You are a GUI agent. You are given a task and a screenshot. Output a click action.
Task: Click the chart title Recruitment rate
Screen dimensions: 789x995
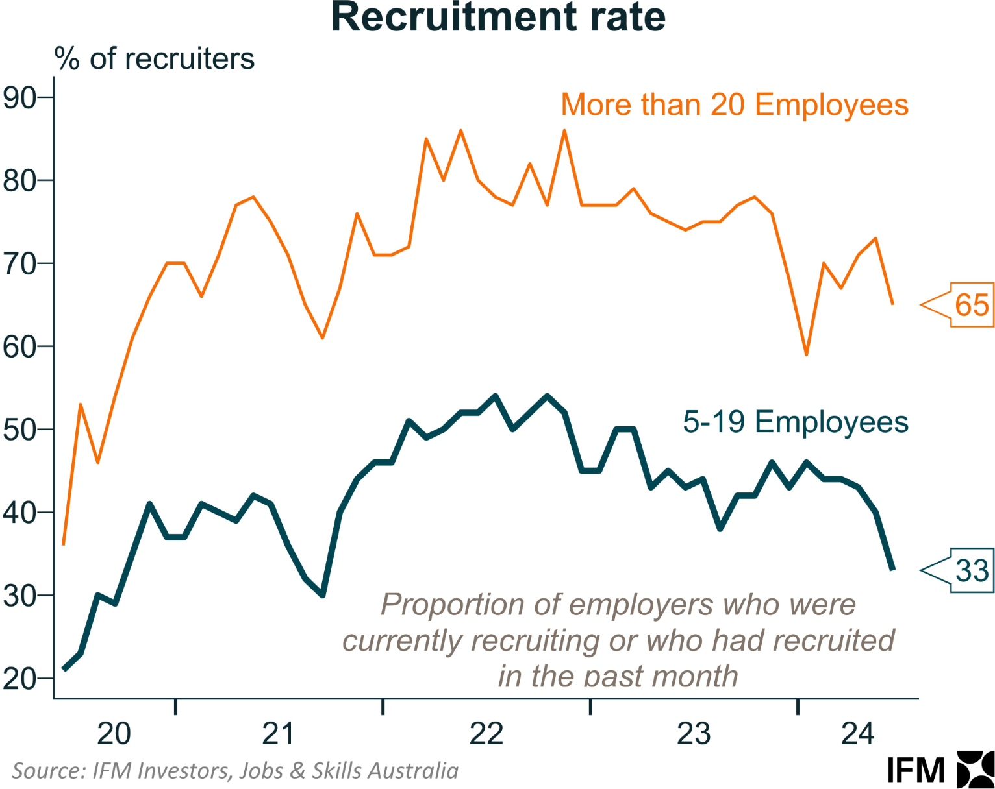click(498, 17)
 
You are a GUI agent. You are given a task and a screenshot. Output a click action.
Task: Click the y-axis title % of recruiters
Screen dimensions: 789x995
click(155, 59)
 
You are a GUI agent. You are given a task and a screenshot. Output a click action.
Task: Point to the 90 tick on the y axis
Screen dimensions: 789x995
click(19, 97)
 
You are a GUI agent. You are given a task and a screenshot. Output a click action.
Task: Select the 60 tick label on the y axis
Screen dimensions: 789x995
click(19, 347)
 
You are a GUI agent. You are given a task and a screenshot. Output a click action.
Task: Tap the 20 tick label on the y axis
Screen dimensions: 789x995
click(19, 679)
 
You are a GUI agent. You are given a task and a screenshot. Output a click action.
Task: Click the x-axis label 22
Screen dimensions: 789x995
click(486, 734)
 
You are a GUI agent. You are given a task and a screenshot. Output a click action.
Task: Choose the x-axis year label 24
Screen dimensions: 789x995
click(857, 734)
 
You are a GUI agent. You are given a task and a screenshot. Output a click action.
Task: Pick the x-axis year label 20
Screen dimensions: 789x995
click(114, 734)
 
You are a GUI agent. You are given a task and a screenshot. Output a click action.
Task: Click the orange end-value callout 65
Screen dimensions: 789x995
click(972, 305)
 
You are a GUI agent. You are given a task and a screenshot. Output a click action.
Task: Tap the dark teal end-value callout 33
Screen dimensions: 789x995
click(972, 571)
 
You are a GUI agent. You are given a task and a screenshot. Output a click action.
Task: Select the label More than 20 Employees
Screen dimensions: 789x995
click(735, 105)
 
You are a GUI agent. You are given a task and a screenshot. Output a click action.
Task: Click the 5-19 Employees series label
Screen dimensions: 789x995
click(795, 422)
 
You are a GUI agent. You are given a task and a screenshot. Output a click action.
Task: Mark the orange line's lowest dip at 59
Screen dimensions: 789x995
click(807, 354)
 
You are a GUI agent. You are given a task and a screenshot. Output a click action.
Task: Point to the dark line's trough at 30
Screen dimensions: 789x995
click(323, 595)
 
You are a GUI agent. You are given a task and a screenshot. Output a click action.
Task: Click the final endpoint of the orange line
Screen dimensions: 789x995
click(893, 304)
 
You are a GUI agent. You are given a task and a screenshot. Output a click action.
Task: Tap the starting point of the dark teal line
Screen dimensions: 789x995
click(64, 669)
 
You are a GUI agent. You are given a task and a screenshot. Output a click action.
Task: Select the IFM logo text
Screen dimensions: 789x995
click(916, 771)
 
